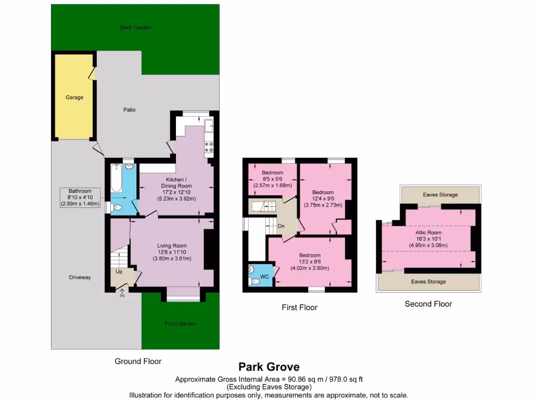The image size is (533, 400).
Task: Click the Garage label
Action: pos(74,97)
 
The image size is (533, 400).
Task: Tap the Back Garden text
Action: pos(135,27)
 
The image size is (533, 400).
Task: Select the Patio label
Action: pos(129,110)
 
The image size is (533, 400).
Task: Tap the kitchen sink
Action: pos(209,126)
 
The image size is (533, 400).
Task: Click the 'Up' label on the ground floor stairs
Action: pos(119,272)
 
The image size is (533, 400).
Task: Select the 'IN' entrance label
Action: pos(122,296)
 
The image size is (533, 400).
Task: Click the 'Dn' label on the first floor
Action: pos(281,226)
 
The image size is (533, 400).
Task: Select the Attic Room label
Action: pos(428,233)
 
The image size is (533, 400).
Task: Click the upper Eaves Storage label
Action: pos(440,195)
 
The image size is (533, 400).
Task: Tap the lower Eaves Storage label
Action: pos(428,282)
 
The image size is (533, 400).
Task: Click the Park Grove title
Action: pos(269,367)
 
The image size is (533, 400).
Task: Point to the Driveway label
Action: pos(80,278)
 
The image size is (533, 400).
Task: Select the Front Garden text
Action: pos(180,323)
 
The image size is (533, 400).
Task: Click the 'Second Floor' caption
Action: pos(428,304)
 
